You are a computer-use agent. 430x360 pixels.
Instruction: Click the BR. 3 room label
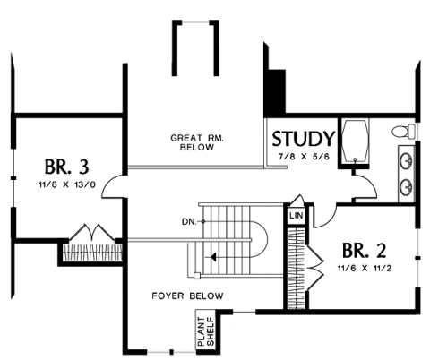67,167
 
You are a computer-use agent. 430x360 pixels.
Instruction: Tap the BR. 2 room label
364,250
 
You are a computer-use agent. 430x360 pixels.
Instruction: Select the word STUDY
303,139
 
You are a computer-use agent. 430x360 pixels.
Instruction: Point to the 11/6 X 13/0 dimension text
67,184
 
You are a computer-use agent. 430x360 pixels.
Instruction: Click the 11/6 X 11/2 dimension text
365,269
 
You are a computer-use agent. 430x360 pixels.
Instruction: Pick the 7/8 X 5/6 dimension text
304,157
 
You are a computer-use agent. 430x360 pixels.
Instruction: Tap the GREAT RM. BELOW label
197,142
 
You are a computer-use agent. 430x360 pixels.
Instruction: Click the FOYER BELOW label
187,296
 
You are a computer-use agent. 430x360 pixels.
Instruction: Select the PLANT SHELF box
205,330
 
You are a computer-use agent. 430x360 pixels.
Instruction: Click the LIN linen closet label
297,215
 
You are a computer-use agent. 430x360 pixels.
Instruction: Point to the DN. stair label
189,222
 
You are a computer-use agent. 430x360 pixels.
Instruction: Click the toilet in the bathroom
403,131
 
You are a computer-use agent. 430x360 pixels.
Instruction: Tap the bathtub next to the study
355,141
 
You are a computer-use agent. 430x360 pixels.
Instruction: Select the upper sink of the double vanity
406,160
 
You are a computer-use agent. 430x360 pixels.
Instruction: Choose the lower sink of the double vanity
406,186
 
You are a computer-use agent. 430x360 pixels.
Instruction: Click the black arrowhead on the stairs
213,257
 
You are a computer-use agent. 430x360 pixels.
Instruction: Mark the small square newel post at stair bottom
196,276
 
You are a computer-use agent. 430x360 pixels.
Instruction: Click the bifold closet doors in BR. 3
92,233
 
